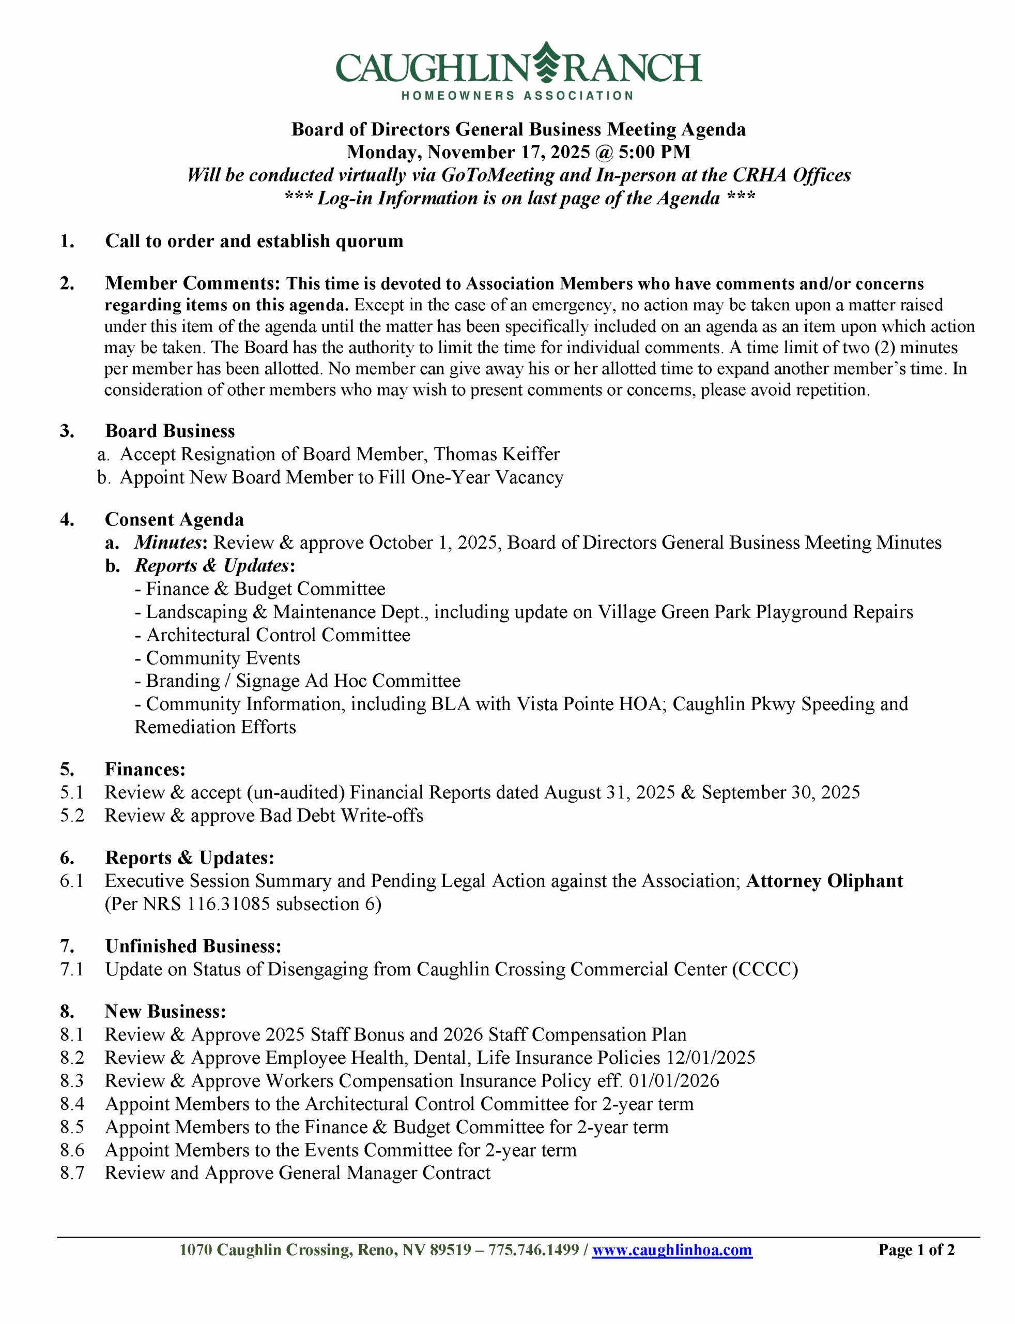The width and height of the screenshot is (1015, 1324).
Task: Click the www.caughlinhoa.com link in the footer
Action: (672, 1250)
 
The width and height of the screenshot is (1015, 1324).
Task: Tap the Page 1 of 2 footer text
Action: (916, 1250)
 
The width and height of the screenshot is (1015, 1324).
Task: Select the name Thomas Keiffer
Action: (496, 454)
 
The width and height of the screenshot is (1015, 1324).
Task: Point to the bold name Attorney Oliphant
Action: (824, 881)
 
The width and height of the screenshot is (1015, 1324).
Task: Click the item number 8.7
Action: (72, 1173)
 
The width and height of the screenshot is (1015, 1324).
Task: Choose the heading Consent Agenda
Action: (174, 519)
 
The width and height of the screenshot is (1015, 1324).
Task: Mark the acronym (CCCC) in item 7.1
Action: (765, 969)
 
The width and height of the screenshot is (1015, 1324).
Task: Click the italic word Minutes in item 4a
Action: (167, 543)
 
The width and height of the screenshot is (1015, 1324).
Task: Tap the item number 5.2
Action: (72, 816)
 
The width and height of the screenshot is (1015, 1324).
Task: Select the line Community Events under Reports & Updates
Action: (222, 658)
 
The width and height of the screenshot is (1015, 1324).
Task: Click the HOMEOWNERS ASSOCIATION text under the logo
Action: (517, 96)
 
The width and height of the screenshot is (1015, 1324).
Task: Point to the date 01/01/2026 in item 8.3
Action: (673, 1080)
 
